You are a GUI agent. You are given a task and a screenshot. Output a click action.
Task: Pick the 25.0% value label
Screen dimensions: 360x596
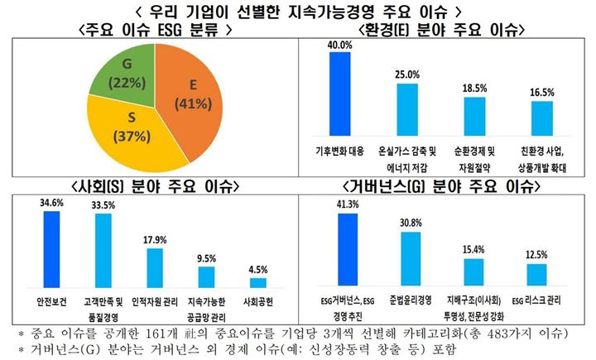(407, 75)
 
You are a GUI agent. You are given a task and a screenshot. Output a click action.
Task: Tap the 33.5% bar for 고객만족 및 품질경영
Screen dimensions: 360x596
(103, 249)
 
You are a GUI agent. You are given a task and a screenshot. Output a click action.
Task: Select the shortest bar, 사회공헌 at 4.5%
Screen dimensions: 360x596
(258, 282)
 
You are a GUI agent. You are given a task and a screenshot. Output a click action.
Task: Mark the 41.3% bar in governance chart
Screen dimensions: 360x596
(346, 248)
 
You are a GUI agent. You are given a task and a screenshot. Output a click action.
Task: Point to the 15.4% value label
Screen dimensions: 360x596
(473, 249)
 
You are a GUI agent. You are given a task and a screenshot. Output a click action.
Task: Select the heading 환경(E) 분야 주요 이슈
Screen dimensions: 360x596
(448, 30)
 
